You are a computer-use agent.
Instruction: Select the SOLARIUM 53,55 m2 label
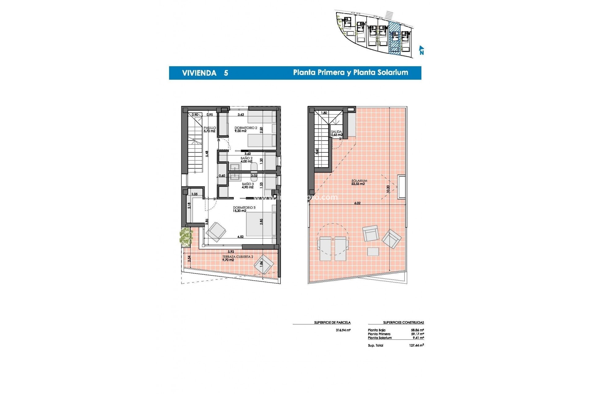pyautogui.click(x=359, y=182)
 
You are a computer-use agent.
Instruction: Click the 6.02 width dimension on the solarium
pyautogui.click(x=357, y=203)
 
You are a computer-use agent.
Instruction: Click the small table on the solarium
pyautogui.click(x=373, y=251)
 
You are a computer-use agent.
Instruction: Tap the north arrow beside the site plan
pyautogui.click(x=421, y=50)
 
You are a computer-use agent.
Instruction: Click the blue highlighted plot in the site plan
pyautogui.click(x=395, y=38)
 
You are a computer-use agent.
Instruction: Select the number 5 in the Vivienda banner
pyautogui.click(x=226, y=73)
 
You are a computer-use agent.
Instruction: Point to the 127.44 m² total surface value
pyautogui.click(x=416, y=345)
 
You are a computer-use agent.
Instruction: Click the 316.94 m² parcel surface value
pyautogui.click(x=343, y=330)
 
